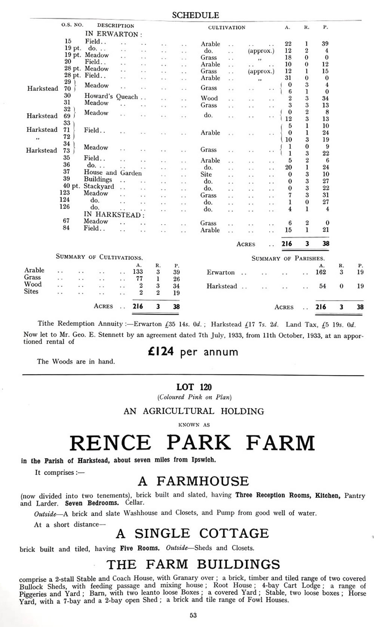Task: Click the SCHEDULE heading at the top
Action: click(195, 15)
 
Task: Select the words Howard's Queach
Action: click(111, 96)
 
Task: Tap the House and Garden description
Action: click(113, 173)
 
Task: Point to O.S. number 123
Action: click(64, 192)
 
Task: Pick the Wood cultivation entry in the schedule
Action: click(209, 98)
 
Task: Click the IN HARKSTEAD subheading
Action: click(114, 215)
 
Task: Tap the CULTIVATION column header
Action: click(227, 27)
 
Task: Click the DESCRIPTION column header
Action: click(115, 26)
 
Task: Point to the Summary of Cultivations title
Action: click(99, 257)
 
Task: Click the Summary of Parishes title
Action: click(288, 258)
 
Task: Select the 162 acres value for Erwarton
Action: click(321, 272)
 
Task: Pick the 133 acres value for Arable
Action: click(138, 272)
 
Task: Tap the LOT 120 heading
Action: click(194, 387)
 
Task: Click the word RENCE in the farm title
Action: click(110, 443)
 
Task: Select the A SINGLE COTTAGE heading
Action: click(192, 533)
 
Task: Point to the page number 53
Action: click(193, 615)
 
